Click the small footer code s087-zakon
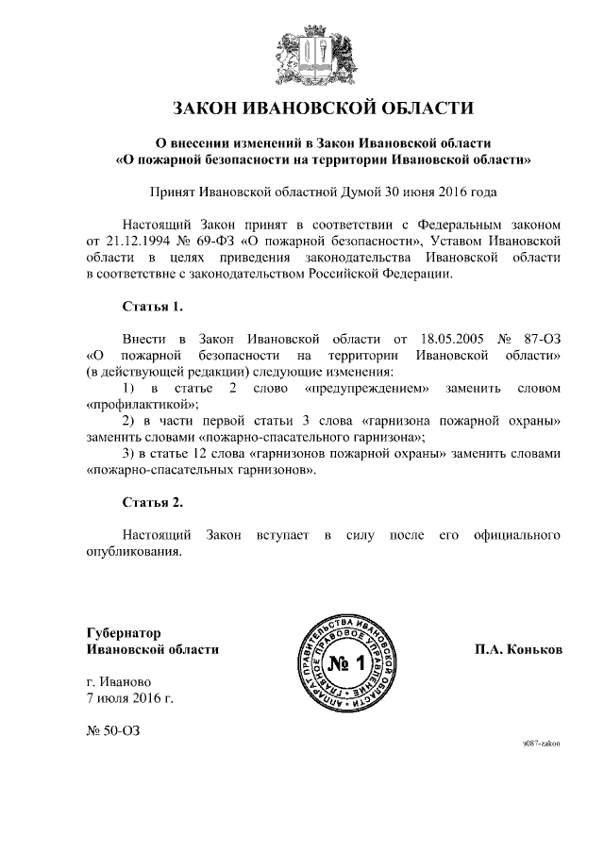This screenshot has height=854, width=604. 541,745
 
